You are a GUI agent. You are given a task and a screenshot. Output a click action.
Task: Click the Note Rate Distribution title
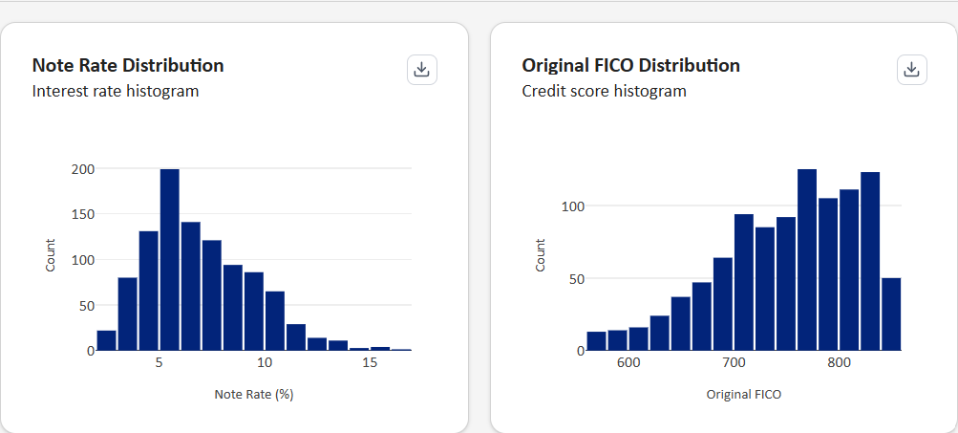[x=128, y=66]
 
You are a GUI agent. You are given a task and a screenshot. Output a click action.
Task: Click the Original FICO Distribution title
[x=630, y=66]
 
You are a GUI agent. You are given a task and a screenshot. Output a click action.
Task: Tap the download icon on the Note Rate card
[x=422, y=70]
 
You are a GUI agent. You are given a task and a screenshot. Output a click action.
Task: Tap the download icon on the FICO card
[x=912, y=70]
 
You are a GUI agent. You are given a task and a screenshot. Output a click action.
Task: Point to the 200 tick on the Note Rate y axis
[x=84, y=169]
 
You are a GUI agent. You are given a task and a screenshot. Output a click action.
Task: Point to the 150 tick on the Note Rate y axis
[x=84, y=214]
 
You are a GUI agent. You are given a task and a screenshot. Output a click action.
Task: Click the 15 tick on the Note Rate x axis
[x=371, y=363]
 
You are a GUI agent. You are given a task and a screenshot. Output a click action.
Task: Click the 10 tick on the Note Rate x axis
[x=265, y=363]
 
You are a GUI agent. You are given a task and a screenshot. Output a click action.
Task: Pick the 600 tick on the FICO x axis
[x=628, y=363]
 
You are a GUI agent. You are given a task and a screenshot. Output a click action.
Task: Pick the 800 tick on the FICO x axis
[x=839, y=363]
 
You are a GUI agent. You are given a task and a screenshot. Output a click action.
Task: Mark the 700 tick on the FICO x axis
[x=734, y=363]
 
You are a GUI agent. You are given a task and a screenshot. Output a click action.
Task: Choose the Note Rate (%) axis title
[x=253, y=394]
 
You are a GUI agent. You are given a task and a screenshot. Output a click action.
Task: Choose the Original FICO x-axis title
[x=743, y=394]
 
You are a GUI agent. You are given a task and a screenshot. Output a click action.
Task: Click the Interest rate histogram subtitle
[x=115, y=92]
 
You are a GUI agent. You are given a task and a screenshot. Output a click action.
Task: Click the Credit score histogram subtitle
[x=604, y=92]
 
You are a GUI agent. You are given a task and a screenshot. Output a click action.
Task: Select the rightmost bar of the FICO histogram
[x=891, y=314]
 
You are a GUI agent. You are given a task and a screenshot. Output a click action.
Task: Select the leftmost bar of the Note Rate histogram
[x=106, y=341]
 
